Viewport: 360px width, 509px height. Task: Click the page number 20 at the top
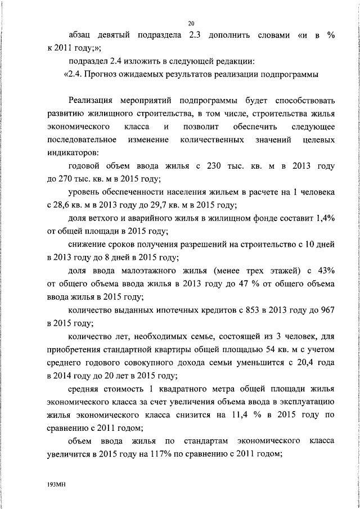tap(191, 24)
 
